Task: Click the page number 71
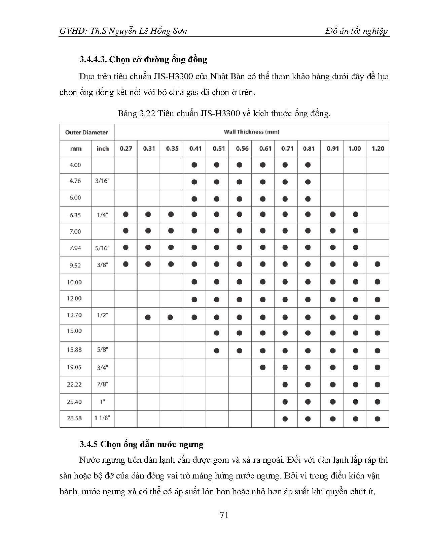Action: tap(224, 515)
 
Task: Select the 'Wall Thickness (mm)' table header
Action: tap(251, 132)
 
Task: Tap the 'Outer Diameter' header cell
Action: tap(86, 132)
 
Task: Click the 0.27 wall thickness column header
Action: tap(126, 149)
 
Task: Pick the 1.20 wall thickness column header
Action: tap(378, 149)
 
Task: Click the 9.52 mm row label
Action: tap(75, 265)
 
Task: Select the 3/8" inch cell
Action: tap(102, 265)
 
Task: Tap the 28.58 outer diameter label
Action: tap(74, 418)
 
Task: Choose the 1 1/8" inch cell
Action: tap(102, 418)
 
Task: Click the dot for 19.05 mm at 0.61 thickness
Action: tap(263, 367)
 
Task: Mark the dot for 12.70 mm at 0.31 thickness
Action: tap(148, 317)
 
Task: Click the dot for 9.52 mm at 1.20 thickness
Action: tap(377, 265)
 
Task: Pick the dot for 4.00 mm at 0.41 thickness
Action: tap(194, 165)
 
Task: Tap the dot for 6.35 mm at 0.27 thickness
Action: tap(126, 214)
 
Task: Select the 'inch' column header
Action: tap(103, 149)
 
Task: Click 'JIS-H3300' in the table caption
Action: tap(220, 114)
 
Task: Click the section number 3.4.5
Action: tap(88, 444)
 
